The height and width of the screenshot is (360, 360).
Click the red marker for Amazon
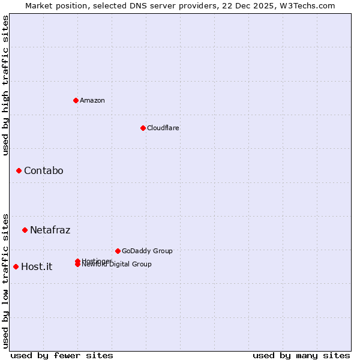click(76, 100)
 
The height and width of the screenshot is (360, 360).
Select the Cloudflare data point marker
click(143, 128)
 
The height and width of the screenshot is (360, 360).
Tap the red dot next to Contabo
click(19, 171)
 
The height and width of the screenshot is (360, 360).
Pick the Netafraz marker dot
click(25, 230)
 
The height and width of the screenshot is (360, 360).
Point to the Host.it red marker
click(16, 266)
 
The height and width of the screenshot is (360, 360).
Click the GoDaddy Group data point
click(118, 251)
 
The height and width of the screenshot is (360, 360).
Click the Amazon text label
click(92, 100)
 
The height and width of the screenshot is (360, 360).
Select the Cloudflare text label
click(163, 128)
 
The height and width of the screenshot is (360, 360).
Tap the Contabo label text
click(43, 171)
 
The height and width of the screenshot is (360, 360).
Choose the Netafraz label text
click(50, 230)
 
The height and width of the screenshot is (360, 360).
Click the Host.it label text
click(37, 266)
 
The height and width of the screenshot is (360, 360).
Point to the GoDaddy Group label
click(147, 251)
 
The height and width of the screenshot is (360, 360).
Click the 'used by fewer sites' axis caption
click(62, 355)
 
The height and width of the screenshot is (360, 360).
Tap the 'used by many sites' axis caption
click(301, 355)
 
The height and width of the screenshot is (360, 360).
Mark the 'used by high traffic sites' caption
click(5, 85)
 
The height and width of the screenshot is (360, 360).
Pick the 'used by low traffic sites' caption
click(5, 280)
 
